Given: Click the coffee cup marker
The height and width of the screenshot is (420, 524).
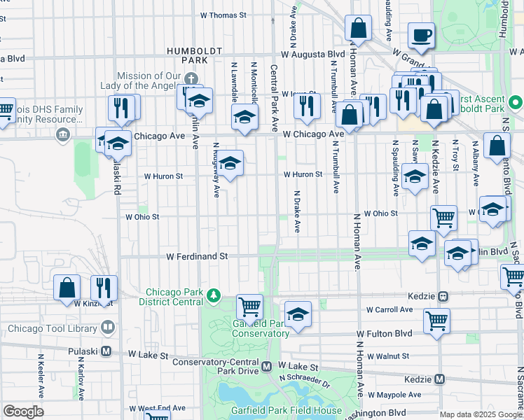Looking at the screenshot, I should click(x=422, y=36).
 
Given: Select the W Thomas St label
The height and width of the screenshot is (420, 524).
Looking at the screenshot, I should click(x=223, y=14).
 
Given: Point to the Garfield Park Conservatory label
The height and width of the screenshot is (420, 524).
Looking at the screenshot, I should click(x=259, y=329).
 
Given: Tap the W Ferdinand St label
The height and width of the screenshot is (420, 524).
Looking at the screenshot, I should click(x=198, y=257).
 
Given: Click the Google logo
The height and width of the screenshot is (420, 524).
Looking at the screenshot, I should click(x=23, y=412).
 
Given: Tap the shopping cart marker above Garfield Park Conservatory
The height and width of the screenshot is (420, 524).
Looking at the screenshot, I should click(x=249, y=306).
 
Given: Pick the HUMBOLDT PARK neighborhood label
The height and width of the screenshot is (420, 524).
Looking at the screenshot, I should click(x=194, y=55).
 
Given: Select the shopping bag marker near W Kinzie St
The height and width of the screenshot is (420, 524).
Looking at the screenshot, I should click(x=67, y=287).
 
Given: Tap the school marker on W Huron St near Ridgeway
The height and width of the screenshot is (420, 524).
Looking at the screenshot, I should click(x=229, y=164).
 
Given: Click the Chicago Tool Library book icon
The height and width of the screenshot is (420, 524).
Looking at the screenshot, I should click(x=108, y=327).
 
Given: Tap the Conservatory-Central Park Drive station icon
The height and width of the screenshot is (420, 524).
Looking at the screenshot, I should click(x=266, y=366).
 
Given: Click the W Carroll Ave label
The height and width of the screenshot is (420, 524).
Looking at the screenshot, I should click(x=389, y=309).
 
